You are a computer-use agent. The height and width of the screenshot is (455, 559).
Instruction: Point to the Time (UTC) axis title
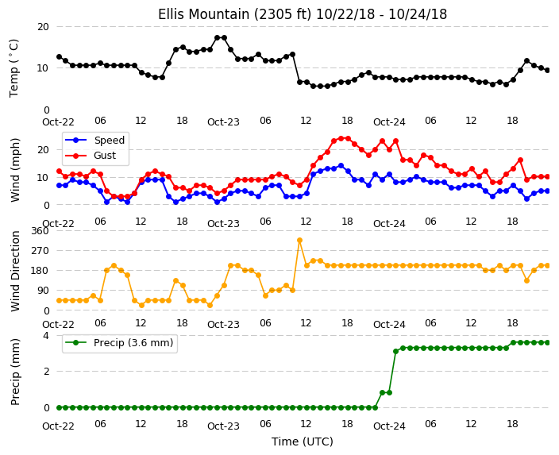303,442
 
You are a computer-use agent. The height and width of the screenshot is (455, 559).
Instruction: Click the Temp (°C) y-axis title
13,68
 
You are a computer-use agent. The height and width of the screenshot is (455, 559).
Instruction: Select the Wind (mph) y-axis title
15,170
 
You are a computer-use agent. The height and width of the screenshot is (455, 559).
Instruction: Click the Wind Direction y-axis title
15,272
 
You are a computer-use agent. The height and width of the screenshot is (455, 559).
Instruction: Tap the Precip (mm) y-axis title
15,372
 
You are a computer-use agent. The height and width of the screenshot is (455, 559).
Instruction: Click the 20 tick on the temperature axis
43,27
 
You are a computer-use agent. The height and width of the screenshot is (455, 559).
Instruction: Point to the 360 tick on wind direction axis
40,231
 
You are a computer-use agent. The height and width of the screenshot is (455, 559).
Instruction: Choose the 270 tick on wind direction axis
40,251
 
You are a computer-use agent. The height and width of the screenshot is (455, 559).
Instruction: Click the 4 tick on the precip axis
46,336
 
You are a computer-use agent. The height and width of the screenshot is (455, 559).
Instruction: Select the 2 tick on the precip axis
46,372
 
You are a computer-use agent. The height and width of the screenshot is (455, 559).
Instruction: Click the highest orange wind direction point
299,241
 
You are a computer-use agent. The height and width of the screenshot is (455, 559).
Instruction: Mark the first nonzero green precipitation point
382,392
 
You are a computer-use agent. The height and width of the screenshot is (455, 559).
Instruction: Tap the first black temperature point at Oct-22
60,56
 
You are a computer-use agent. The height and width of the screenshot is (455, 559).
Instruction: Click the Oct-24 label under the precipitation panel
389,426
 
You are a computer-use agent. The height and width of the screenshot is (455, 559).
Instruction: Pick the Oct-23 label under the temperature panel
223,122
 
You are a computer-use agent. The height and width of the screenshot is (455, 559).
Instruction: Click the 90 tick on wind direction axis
43,291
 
